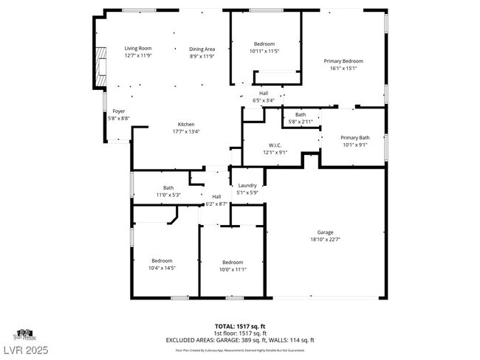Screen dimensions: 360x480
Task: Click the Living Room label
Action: [x=137, y=49]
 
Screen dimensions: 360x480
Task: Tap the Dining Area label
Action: [x=202, y=49]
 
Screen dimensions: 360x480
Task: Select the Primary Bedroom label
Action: [x=343, y=61]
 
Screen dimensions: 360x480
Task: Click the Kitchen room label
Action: [x=186, y=124]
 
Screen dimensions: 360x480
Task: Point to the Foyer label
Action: [x=118, y=111]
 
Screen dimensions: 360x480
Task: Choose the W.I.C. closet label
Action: [x=272, y=145]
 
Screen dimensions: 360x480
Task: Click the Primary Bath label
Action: [x=354, y=137]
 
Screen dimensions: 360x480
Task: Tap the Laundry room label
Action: [x=247, y=185]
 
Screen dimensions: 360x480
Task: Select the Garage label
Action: [x=326, y=232]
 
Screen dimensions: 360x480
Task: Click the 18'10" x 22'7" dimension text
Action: [x=326, y=239]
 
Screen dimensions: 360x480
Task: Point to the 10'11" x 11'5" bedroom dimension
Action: [x=265, y=52]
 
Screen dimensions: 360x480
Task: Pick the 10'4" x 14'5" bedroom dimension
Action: [x=162, y=268]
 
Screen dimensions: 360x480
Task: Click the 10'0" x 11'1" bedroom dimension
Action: [x=233, y=269]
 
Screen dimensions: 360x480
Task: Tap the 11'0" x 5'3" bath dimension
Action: [x=168, y=195]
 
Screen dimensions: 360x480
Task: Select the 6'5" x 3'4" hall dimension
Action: [x=264, y=100]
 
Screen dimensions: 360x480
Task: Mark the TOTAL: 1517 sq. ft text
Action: [x=239, y=325]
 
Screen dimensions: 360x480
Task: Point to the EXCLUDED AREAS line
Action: [x=239, y=339]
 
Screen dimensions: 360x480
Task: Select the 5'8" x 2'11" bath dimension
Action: [x=301, y=122]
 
